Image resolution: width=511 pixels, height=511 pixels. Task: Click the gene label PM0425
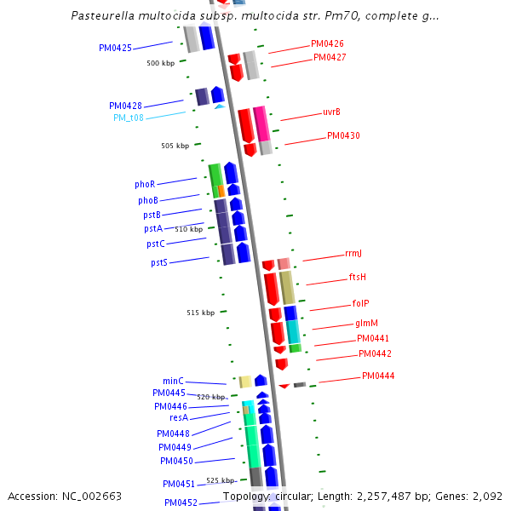(x=115, y=48)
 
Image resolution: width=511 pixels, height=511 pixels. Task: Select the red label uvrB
(x=331, y=112)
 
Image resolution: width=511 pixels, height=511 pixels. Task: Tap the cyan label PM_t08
(x=129, y=118)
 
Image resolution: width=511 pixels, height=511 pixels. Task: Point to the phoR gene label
(x=145, y=184)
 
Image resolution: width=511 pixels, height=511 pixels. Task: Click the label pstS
(x=159, y=262)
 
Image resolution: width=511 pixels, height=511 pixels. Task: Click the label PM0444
(x=378, y=376)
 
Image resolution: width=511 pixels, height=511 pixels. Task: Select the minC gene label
(x=173, y=381)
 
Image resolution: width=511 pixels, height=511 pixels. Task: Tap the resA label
(x=179, y=417)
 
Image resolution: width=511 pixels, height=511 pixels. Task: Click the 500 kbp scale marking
(x=160, y=63)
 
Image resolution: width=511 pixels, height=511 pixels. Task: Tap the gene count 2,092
(x=486, y=496)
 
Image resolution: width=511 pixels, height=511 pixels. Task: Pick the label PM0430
(x=343, y=135)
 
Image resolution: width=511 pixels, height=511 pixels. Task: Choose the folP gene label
(x=360, y=303)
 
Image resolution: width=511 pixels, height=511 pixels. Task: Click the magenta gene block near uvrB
(x=261, y=124)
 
